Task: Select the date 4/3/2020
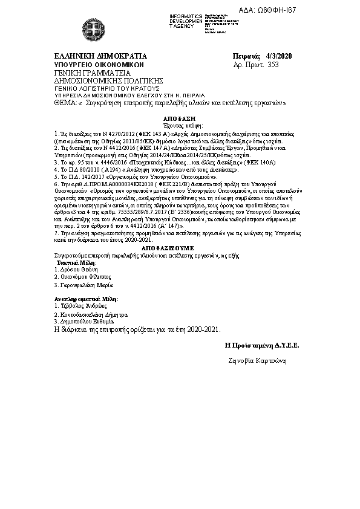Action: tap(279, 56)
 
